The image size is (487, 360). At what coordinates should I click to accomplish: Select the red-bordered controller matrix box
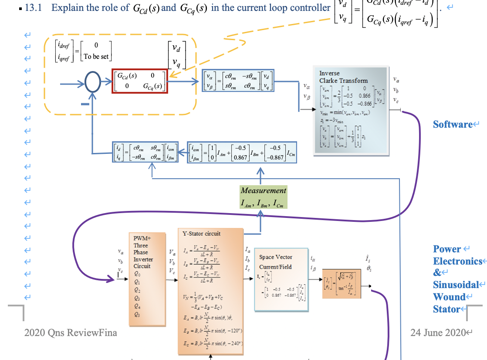pos(139,81)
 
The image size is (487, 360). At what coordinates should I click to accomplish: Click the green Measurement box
pos(263,197)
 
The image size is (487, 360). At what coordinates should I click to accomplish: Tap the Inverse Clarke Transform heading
pos(343,77)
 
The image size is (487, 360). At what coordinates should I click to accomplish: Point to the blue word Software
pos(453,125)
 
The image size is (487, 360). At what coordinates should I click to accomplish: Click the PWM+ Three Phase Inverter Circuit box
pos(147,279)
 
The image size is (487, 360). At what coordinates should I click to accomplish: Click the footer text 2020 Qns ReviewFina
pos(71,333)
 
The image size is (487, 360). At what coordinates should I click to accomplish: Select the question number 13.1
pos(33,8)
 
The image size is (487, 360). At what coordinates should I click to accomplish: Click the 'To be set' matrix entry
pos(96,56)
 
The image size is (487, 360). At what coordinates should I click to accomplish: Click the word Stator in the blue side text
pos(446,309)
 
